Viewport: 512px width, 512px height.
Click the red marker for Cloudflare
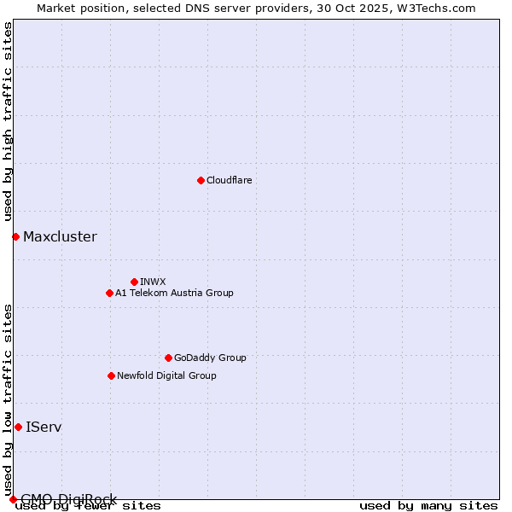coord(201,180)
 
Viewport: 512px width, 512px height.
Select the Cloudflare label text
coord(229,180)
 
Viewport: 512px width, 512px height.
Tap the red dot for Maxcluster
coord(15,236)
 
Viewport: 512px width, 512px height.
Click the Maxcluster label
coord(60,236)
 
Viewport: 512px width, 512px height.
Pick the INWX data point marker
coord(134,282)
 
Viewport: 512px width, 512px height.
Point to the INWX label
coord(153,282)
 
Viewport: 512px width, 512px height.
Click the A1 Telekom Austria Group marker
coord(109,293)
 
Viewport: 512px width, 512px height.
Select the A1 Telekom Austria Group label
coord(174,293)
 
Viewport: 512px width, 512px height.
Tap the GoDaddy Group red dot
coord(168,358)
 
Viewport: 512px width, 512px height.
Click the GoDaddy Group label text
coord(210,358)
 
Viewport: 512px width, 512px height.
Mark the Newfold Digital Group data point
coord(111,375)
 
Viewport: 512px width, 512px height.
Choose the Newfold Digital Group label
coord(166,375)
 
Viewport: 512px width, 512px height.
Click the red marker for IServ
coord(18,427)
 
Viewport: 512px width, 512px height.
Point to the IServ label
coord(44,427)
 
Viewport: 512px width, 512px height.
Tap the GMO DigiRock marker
coord(13,499)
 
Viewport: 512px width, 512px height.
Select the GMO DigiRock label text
coord(68,499)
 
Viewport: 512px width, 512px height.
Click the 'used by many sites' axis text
coord(428,506)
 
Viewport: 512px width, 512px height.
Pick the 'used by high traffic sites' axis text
coord(9,122)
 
